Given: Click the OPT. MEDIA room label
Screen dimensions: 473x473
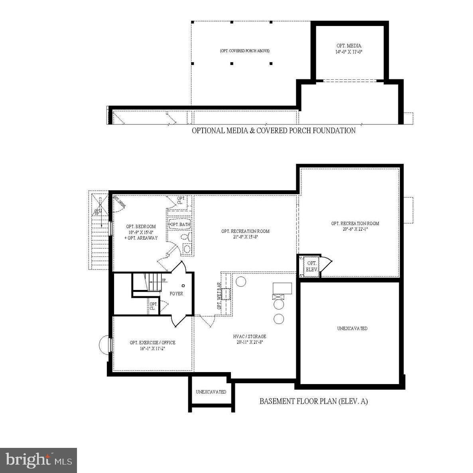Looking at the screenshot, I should coord(348,46).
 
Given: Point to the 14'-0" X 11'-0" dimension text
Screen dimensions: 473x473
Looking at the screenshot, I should coord(348,52).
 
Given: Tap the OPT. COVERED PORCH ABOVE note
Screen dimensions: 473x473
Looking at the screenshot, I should coord(244,51).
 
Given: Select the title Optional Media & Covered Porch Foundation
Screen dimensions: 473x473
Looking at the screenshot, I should coord(274,130).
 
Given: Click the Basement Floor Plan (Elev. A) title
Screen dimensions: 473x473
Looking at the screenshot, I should coord(313,401).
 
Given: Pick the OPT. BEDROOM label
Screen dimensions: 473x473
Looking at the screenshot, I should coord(141,227).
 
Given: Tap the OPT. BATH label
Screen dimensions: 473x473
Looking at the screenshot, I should coord(180,225).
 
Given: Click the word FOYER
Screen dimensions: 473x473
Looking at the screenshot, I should coord(176,294).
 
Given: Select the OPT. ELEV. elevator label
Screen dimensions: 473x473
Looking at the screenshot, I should coord(311,266).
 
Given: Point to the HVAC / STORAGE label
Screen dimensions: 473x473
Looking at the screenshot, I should coord(250,337).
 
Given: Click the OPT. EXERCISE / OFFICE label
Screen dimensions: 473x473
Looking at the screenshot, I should coord(152,343).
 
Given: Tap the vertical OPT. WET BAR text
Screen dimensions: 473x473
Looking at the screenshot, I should coord(219,296).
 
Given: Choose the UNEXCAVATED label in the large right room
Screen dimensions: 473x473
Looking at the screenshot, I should coord(352,329).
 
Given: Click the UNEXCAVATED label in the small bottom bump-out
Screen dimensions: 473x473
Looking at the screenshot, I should coord(211,392).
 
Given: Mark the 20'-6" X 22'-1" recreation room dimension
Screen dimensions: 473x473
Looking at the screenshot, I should coord(355,229).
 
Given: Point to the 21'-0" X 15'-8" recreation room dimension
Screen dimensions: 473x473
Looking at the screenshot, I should coord(245,237).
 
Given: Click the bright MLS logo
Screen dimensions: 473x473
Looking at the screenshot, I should coord(38,460).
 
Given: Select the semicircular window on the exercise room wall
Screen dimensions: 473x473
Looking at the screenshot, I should coord(104,345).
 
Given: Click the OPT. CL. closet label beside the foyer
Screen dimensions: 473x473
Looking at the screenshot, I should coord(153,306).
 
